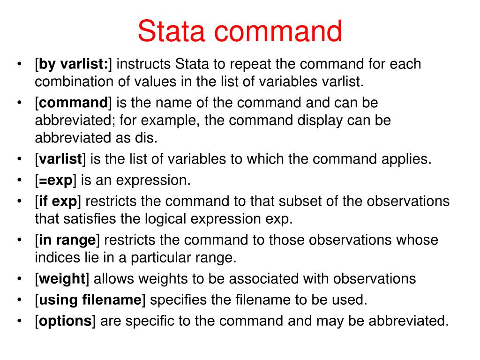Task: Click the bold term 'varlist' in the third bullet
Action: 60,159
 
